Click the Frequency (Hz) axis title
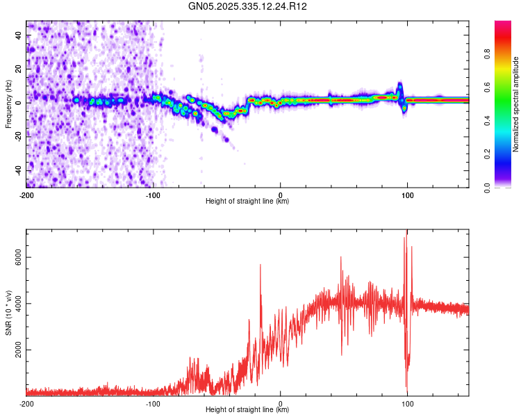tap(8, 104)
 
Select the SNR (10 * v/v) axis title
tap(8, 311)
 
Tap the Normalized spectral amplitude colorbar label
tap(515, 104)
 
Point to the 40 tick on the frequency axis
tap(19, 34)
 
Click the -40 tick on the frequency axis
tap(18, 170)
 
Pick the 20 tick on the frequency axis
tap(19, 68)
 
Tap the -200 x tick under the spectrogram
tap(26, 195)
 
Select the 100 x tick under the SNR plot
tap(408, 402)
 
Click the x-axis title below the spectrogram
tap(247, 202)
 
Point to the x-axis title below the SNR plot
tap(247, 409)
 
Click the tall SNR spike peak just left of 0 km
tap(260, 265)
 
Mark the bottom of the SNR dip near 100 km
tap(407, 393)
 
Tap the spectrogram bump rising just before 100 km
tap(399, 87)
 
